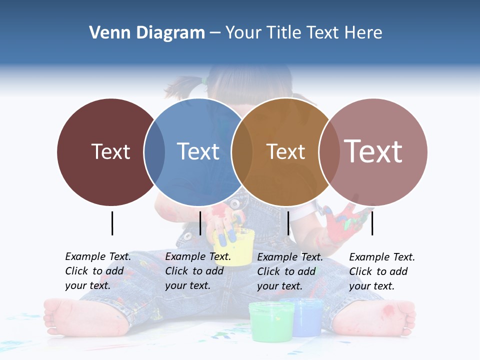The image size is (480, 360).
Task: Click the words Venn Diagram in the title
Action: coord(147,33)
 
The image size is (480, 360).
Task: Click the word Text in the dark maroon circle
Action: coord(110,151)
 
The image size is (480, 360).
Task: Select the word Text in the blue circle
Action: coord(198,151)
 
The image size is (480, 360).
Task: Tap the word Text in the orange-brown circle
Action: coord(286,151)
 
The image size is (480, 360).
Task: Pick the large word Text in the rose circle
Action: coord(373,151)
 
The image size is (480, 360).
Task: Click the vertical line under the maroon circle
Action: coord(112,223)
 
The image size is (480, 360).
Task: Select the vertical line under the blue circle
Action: coord(200,223)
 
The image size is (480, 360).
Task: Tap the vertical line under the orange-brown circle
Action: coord(288,223)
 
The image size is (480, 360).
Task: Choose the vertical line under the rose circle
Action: coord(372,223)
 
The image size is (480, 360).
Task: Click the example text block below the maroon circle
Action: coord(98,271)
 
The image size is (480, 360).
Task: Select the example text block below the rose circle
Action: coord(382,271)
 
